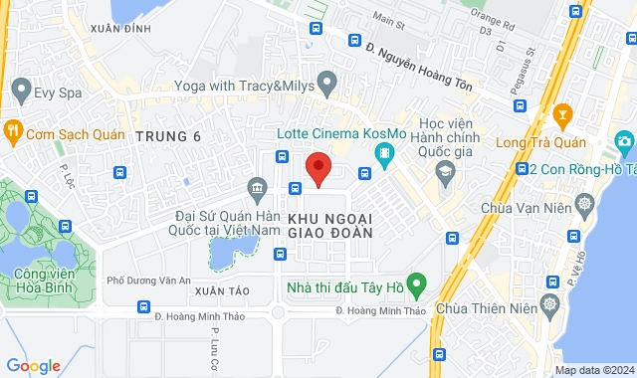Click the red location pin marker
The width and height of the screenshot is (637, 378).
318,168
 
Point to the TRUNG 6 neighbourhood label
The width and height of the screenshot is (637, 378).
167,136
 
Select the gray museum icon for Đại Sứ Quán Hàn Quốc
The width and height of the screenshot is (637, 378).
258,188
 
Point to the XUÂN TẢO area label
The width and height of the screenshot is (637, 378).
220,291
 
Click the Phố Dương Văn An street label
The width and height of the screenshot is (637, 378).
148,281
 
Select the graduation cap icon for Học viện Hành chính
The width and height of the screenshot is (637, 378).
444,174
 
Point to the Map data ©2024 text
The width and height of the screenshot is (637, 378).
592,371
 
